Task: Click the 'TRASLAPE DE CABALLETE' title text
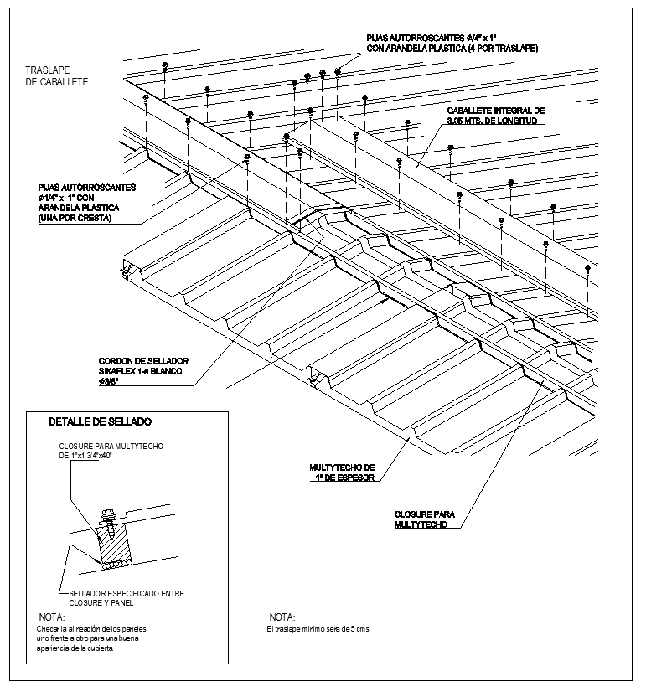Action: coord(57,75)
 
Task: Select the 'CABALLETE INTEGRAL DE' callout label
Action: coord(495,110)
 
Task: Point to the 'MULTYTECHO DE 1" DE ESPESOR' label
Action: coord(342,472)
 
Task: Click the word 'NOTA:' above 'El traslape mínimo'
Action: coord(282,617)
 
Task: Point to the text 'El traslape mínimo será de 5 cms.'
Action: coord(318,628)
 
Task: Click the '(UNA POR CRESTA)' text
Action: coord(75,219)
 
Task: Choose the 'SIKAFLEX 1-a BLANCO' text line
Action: coord(140,369)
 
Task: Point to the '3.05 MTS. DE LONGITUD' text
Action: coord(495,121)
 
